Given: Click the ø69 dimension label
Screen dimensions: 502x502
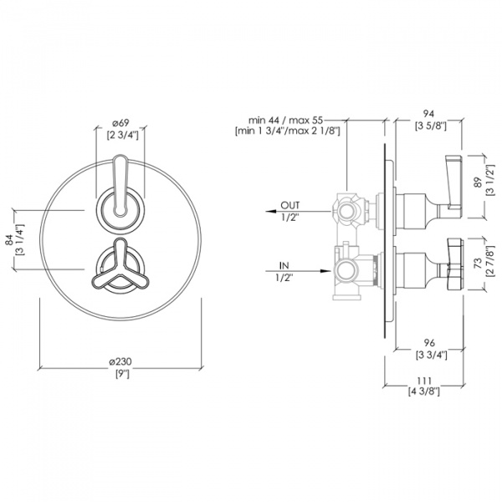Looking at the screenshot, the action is [x=120, y=123].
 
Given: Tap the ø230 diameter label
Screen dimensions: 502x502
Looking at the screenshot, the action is [x=120, y=361].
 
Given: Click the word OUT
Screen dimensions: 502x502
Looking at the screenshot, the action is [x=290, y=205].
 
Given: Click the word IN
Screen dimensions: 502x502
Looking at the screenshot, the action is [x=284, y=265].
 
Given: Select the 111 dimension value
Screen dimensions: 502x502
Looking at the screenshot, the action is [x=424, y=381].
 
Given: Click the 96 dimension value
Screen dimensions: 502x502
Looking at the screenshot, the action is [x=430, y=342].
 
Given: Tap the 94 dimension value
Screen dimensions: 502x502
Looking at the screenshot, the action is [x=429, y=114].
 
